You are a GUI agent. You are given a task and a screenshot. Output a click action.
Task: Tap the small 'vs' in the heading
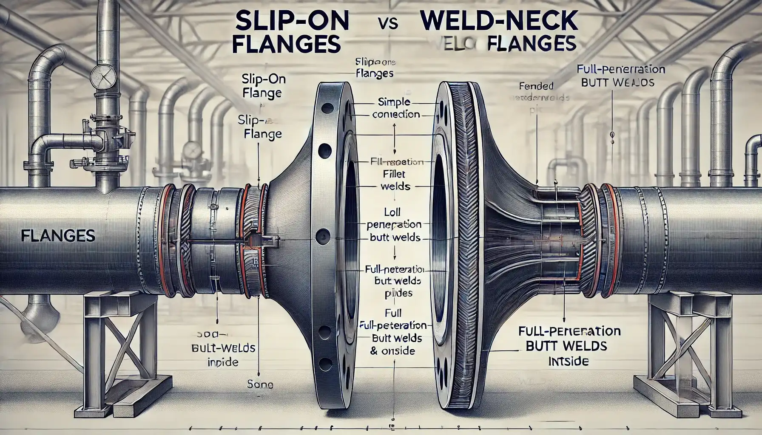[387, 24]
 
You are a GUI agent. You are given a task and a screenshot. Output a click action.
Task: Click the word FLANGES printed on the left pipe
[58, 235]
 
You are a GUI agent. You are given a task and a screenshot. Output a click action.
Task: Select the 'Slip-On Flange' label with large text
[263, 86]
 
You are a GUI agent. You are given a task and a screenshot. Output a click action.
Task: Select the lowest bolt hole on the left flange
[325, 363]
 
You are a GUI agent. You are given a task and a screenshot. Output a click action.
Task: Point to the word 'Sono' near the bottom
[259, 385]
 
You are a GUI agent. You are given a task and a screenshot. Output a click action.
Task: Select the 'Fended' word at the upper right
[536, 86]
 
